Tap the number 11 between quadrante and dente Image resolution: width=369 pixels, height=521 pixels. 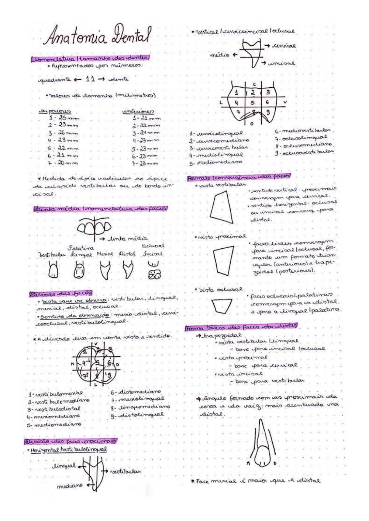pyautogui.click(x=90, y=79)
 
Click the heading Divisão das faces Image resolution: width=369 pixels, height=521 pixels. pyautogui.click(x=61, y=293)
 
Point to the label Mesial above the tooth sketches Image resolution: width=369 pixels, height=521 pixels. pyautogui.click(x=105, y=254)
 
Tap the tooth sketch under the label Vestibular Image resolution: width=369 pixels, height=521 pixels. pyautogui.click(x=53, y=271)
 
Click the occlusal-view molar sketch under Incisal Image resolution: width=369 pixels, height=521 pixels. pyautogui.click(x=154, y=275)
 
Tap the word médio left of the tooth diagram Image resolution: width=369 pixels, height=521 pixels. pyautogui.click(x=220, y=55)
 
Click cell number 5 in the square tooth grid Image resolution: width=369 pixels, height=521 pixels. pyautogui.click(x=252, y=103)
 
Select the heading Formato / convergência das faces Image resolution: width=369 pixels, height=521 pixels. pyautogui.click(x=238, y=177)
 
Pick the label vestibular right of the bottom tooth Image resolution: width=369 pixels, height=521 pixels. pyautogui.click(x=125, y=471)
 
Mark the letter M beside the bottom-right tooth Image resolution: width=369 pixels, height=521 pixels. pyautogui.click(x=248, y=463)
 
